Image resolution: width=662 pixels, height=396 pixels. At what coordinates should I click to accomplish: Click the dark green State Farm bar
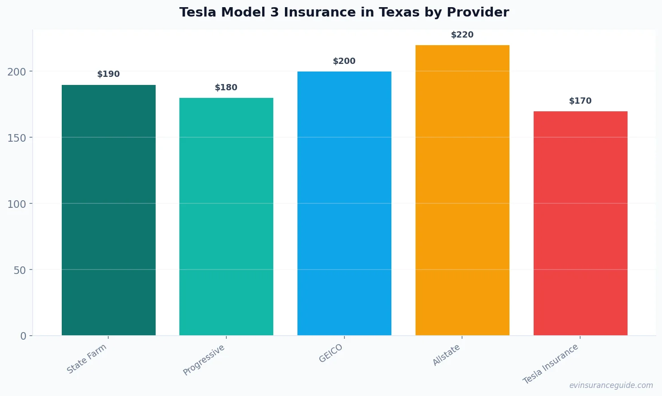(108, 210)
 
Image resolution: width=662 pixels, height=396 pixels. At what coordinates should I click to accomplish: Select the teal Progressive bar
(226, 217)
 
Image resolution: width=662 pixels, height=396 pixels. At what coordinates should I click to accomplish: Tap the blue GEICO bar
(344, 203)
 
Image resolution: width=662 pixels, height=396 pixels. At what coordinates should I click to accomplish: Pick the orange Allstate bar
(462, 190)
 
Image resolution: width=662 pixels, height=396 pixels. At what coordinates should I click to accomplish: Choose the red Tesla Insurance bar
(580, 223)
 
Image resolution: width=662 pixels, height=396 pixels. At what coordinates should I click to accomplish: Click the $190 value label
(108, 74)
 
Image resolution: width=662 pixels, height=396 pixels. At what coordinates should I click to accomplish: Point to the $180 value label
(226, 88)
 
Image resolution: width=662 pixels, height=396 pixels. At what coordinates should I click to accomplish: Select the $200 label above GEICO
(344, 61)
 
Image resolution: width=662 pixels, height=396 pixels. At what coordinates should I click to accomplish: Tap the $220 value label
(462, 35)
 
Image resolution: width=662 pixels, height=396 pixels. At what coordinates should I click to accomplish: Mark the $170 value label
(580, 101)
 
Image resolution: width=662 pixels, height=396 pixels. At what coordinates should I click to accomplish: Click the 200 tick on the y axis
(17, 72)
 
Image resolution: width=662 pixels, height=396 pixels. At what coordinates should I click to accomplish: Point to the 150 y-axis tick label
(17, 138)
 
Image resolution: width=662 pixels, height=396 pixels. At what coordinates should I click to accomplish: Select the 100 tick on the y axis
(17, 204)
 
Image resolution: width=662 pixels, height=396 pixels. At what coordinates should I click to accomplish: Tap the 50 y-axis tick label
(20, 270)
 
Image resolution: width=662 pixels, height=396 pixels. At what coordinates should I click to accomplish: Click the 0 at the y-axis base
(23, 336)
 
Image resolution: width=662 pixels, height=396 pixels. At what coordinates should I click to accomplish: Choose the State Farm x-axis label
(87, 358)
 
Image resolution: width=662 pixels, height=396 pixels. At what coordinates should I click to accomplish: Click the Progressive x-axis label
(204, 360)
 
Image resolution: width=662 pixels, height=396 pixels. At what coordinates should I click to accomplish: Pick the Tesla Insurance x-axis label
(551, 364)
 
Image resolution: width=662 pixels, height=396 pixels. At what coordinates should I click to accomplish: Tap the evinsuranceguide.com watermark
(611, 385)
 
